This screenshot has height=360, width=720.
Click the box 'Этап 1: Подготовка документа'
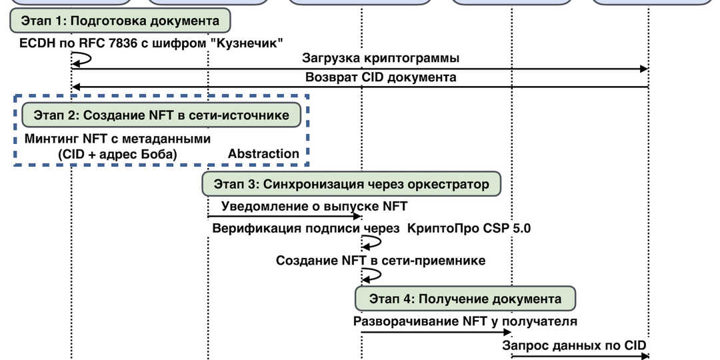click(x=120, y=21)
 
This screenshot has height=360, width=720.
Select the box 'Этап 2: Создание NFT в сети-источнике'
click(x=161, y=115)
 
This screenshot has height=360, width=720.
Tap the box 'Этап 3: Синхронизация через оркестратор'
click(x=351, y=184)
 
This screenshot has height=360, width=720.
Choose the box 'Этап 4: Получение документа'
click(x=465, y=299)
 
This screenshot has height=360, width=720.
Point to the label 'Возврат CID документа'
click(x=381, y=77)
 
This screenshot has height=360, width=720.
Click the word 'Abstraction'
click(x=263, y=154)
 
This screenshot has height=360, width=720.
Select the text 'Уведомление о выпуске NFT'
click(x=314, y=206)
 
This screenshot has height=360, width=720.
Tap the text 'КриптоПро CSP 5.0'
click(x=469, y=229)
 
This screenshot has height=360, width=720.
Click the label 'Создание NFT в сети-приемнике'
click(x=381, y=260)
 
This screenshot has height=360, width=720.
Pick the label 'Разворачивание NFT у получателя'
click(x=464, y=321)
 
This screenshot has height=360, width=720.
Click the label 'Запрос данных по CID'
click(x=574, y=345)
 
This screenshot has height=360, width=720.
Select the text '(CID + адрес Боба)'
click(x=117, y=154)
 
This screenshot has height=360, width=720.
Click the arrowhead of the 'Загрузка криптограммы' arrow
click(x=644, y=69)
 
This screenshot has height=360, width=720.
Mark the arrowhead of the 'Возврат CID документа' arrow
click(x=76, y=87)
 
